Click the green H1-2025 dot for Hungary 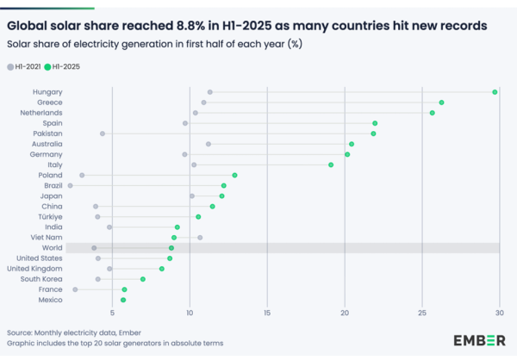point(495,92)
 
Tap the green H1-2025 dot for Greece point(441,102)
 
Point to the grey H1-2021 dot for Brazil point(71,185)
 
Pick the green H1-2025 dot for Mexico point(123,300)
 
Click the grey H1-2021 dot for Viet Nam point(200,238)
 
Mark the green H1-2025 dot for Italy point(331,164)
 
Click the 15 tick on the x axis point(267,312)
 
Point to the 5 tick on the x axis point(113,312)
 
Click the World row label point(50,248)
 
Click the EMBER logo point(479,340)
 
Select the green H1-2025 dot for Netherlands point(433,113)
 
